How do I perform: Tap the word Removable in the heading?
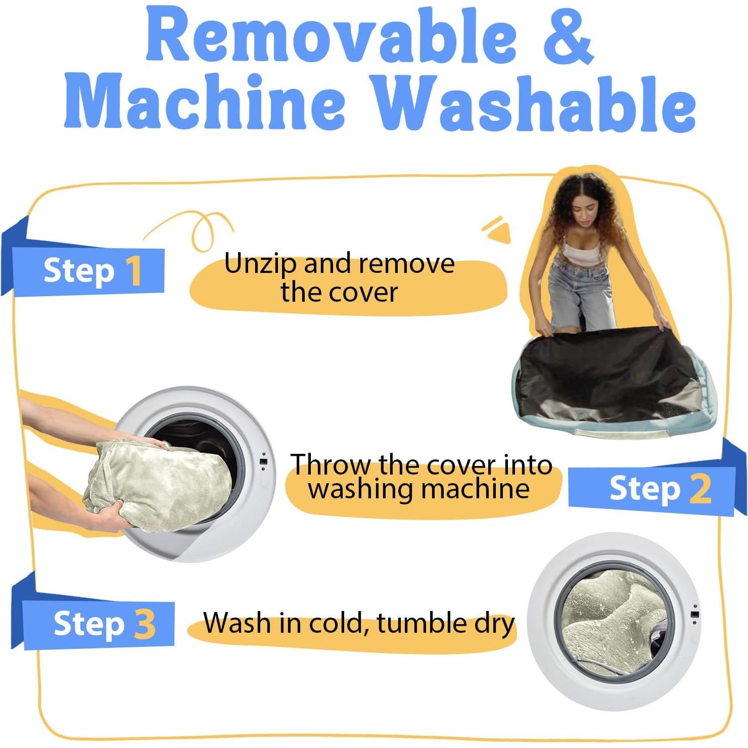tap(331, 36)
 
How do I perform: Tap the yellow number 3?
tap(145, 624)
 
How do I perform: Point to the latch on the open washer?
tap(263, 462)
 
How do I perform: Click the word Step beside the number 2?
tap(645, 489)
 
